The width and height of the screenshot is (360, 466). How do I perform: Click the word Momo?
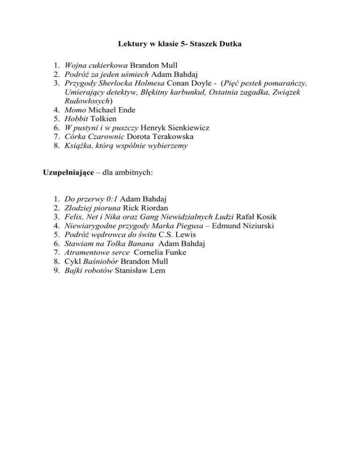pyautogui.click(x=75, y=110)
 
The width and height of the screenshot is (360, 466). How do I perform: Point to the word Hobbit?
pyautogui.click(x=76, y=119)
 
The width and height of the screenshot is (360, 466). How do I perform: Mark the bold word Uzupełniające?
pyautogui.click(x=64, y=172)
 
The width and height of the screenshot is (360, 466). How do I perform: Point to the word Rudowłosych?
pyautogui.click(x=86, y=101)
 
